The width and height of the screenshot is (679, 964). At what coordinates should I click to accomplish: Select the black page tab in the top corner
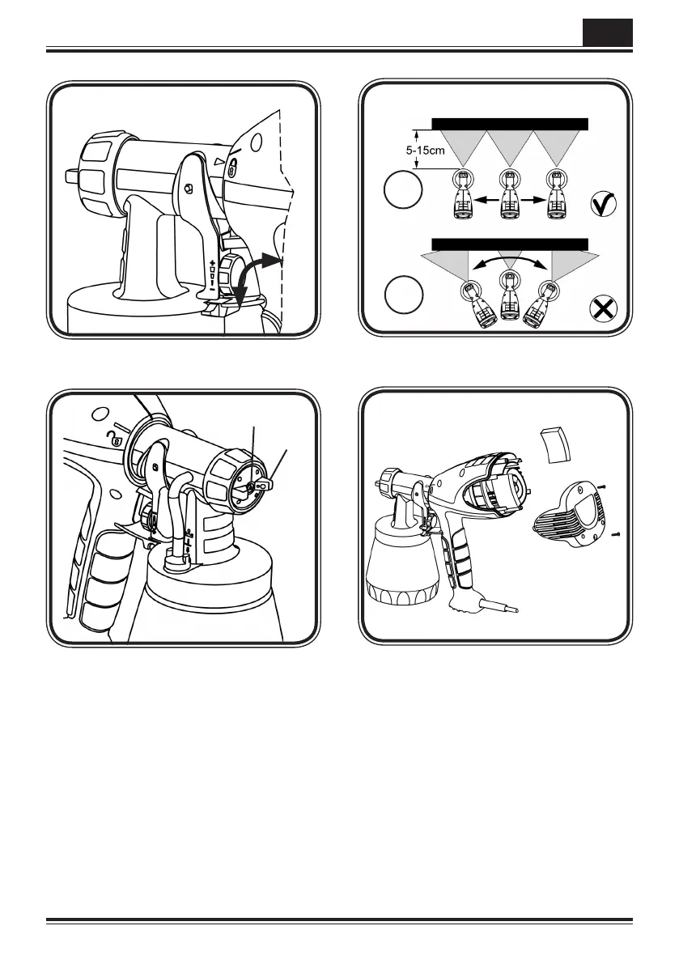click(607, 33)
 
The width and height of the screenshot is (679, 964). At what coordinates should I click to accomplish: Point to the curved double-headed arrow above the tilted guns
click(508, 263)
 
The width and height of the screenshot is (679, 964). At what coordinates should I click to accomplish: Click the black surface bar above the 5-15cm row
click(509, 124)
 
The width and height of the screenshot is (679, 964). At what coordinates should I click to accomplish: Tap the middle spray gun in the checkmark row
click(509, 197)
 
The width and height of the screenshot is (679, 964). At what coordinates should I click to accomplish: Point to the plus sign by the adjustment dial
click(213, 264)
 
